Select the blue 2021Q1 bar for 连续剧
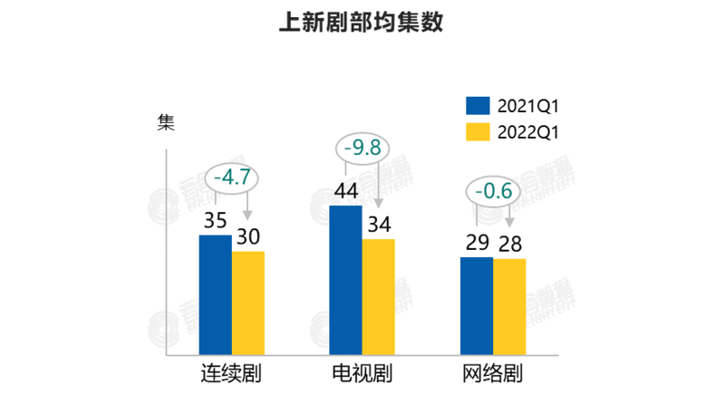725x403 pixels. (x=215, y=295)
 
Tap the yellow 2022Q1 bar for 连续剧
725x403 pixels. (x=247, y=303)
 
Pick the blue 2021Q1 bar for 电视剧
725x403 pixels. (x=345, y=281)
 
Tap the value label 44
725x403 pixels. (x=345, y=192)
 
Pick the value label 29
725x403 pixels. (x=477, y=244)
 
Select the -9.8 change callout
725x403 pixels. (x=362, y=147)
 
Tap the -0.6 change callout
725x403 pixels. (x=492, y=191)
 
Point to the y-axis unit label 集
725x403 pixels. (x=167, y=122)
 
